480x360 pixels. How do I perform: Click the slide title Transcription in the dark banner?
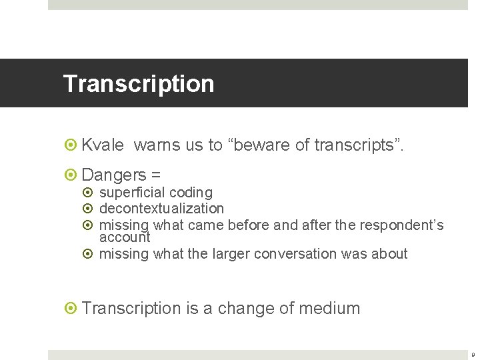(x=139, y=84)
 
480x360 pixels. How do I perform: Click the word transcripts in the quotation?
(x=357, y=145)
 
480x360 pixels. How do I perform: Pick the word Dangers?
(x=113, y=175)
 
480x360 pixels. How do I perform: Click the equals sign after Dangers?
(x=156, y=175)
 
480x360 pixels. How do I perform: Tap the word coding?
(x=191, y=193)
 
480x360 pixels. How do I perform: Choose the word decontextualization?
(x=161, y=209)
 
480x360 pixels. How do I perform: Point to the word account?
(x=125, y=237)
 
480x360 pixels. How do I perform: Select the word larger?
(x=247, y=254)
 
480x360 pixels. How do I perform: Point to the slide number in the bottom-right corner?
(x=474, y=355)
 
